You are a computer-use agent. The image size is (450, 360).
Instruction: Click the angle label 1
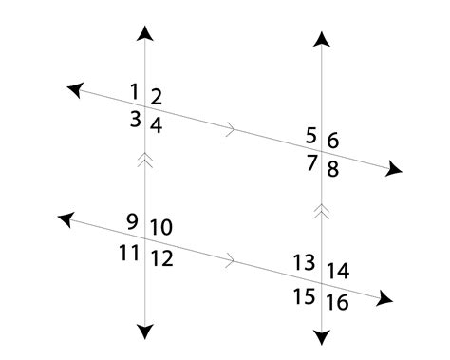click(134, 92)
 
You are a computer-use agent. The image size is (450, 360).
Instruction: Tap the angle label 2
click(156, 97)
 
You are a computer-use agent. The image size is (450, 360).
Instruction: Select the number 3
click(136, 119)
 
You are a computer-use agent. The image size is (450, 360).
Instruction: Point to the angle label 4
click(156, 124)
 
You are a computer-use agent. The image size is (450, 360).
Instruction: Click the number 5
click(310, 134)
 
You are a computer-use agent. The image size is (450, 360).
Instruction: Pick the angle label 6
click(332, 142)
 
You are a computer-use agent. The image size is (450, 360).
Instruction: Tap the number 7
click(310, 162)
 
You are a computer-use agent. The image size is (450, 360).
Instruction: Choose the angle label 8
click(332, 169)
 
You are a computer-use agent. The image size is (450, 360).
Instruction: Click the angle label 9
click(131, 223)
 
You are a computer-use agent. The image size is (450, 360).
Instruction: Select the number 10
click(160, 228)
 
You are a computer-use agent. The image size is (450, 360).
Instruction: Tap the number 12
click(161, 257)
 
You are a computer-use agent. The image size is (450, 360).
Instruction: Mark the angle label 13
click(303, 262)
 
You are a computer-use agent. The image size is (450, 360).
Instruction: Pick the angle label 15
click(303, 296)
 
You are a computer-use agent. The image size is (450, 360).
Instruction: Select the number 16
click(337, 303)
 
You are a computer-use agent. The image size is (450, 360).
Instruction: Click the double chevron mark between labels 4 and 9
click(145, 162)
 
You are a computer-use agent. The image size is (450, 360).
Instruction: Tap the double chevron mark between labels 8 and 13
click(323, 209)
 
